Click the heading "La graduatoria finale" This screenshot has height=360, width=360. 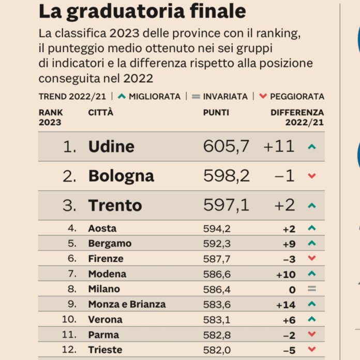tap(142, 11)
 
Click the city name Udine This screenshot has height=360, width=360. tap(111, 146)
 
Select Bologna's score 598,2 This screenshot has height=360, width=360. tap(226, 176)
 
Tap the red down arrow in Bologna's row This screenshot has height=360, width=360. tap(311, 176)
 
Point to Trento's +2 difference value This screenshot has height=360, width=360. tap(284, 205)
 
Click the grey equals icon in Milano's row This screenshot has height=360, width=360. tap(311, 289)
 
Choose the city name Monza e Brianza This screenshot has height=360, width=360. tap(127, 304)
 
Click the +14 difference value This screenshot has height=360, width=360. tap(286, 305)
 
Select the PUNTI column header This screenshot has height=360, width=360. tap(216, 112)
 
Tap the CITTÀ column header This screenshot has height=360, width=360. tap(100, 112)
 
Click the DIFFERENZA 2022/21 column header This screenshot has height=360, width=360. tap(297, 117)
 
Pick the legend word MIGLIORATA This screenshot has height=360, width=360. tap(155, 96)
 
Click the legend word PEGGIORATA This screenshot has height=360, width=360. tap(297, 96)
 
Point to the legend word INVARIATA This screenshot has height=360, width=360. tap(225, 96)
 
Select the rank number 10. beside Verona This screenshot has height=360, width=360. tap(69, 319)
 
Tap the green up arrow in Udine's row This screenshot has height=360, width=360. tap(311, 147)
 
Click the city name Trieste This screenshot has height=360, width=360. tap(105, 350)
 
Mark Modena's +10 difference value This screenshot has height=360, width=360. tap(286, 274)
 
